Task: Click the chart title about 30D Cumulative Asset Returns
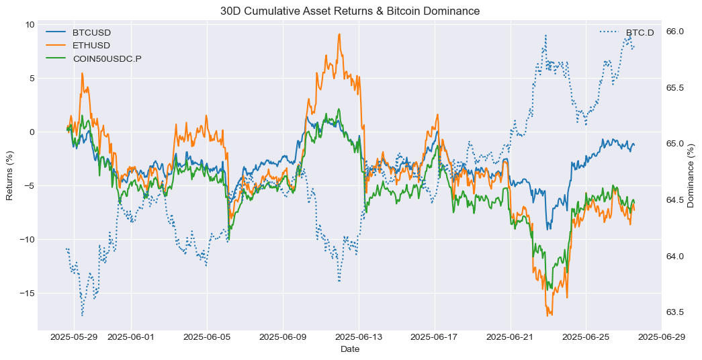pyautogui.click(x=350, y=11)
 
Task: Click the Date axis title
pyautogui.click(x=350, y=349)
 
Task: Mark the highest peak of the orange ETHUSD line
pyautogui.click(x=339, y=34)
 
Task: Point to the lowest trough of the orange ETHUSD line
pyautogui.click(x=547, y=316)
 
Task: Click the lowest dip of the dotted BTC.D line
pyautogui.click(x=83, y=316)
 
